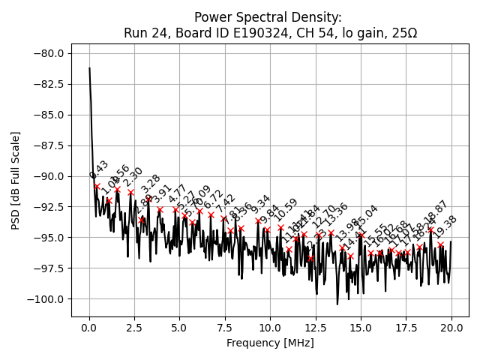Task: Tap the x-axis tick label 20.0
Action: [x=451, y=328]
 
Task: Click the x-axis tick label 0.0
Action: [x=89, y=328]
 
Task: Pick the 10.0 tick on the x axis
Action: [x=270, y=328]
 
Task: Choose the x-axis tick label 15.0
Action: [x=361, y=328]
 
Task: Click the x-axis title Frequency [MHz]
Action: [x=270, y=343]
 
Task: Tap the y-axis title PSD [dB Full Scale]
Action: [x=16, y=180]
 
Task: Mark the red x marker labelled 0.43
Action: [x=97, y=186]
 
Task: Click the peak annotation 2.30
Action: [x=133, y=178]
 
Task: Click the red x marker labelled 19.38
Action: [x=440, y=244]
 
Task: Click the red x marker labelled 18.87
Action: [x=430, y=230]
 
